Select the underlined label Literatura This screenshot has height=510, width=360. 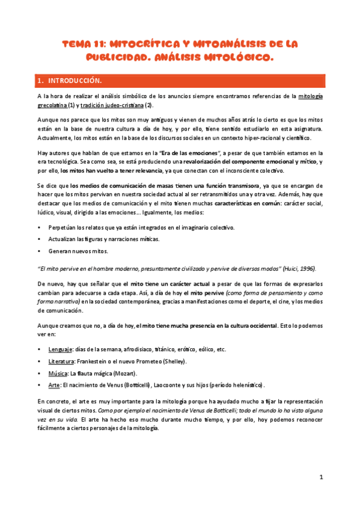(x=61, y=361)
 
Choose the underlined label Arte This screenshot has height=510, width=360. (x=54, y=385)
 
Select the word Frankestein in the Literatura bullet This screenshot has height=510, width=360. (x=96, y=361)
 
